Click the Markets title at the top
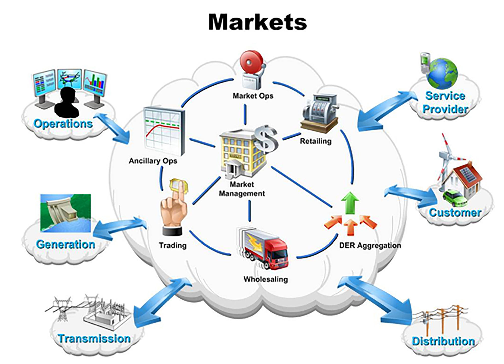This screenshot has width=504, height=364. [257, 22]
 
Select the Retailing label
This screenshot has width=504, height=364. [316, 141]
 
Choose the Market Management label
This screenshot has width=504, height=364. [242, 189]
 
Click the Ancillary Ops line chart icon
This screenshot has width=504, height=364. [164, 130]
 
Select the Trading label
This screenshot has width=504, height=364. [173, 245]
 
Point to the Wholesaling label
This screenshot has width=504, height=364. [266, 279]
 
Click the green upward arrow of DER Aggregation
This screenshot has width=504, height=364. [350, 203]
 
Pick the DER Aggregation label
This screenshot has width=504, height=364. [370, 245]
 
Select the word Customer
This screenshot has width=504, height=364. [455, 213]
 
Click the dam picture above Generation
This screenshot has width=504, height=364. [66, 213]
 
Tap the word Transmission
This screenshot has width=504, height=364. [94, 339]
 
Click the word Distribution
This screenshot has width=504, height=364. [443, 341]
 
